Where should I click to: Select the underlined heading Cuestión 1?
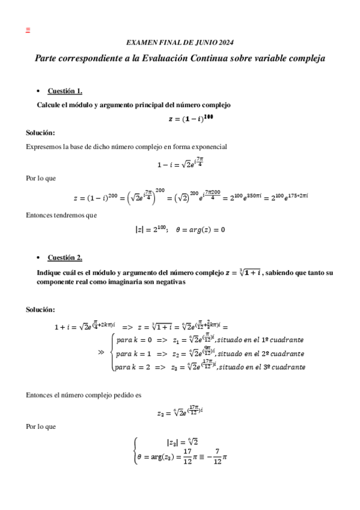click(x=65, y=91)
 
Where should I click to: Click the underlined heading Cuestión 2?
click(x=65, y=258)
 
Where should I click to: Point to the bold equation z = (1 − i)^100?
click(x=191, y=118)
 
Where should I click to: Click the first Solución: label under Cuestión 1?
click(x=40, y=132)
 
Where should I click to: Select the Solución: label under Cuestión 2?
click(x=40, y=309)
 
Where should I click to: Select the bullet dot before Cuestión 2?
click(x=38, y=258)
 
